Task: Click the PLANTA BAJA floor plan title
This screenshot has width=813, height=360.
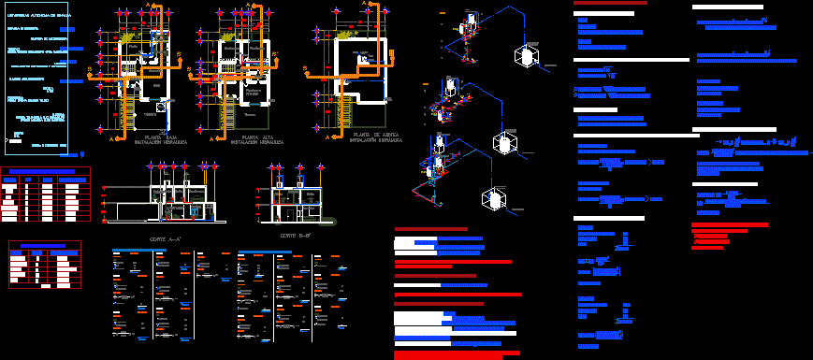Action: [x=153, y=137]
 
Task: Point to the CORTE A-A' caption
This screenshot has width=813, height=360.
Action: [x=164, y=240]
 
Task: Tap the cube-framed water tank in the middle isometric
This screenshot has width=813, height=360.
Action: [x=506, y=144]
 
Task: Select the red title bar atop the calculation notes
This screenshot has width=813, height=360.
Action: [x=611, y=4]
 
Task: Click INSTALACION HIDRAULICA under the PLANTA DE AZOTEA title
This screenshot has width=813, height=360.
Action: [x=376, y=143]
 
